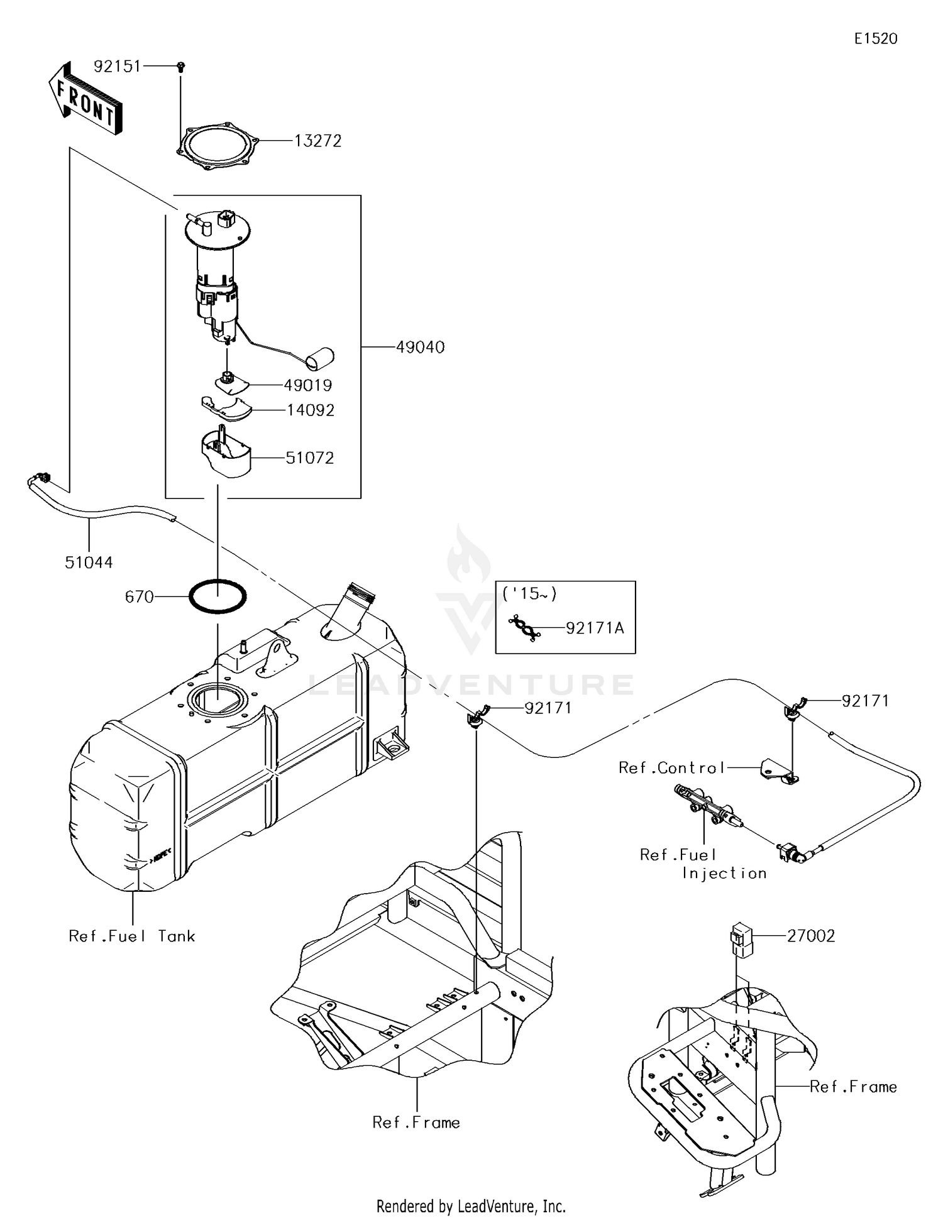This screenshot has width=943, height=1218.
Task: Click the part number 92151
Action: point(117,66)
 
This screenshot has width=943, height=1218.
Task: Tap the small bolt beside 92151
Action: point(181,66)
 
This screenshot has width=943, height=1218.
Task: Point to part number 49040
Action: point(420,347)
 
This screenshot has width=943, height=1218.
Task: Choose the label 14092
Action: point(311,410)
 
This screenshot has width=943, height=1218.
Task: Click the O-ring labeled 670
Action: point(218,596)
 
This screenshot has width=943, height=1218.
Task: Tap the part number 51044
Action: point(89,562)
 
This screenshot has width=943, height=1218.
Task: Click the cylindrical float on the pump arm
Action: point(320,358)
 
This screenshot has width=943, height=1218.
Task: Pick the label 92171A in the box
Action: point(595,628)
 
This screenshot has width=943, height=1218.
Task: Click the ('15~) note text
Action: point(529,594)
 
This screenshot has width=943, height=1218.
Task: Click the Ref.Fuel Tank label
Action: point(132,936)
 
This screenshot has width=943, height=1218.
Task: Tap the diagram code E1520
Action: point(875,39)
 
